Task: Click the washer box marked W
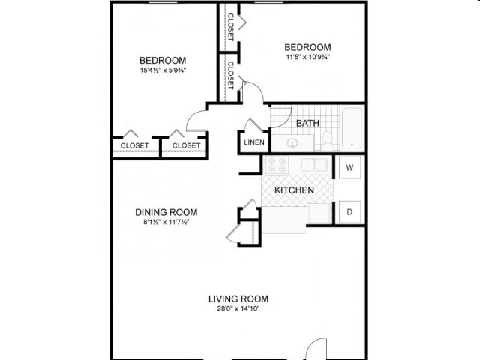[349, 168]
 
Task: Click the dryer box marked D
[349, 212]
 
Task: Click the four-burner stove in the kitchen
[274, 165]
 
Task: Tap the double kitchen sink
[313, 165]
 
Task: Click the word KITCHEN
[294, 190]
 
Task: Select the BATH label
[307, 123]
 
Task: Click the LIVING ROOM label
[238, 298]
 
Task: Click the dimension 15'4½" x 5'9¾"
[163, 71]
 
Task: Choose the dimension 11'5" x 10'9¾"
[307, 57]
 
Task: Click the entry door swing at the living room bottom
[317, 348]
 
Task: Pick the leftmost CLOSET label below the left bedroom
[135, 145]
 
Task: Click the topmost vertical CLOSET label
[230, 26]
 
